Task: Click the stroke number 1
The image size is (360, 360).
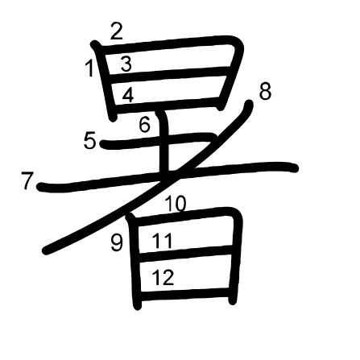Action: [90, 68]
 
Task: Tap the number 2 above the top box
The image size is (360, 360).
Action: [117, 31]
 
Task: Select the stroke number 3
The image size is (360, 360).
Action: [126, 64]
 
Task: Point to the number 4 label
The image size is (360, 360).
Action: [128, 95]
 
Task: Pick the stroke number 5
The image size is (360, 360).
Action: [89, 141]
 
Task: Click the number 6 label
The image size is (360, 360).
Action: [145, 125]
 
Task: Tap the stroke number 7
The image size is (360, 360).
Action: [27, 180]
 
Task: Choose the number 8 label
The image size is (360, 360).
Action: [265, 92]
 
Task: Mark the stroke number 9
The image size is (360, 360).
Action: [117, 242]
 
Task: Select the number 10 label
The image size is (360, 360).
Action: [176, 204]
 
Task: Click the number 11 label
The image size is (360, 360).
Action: [162, 240]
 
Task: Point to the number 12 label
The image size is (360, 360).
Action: [163, 277]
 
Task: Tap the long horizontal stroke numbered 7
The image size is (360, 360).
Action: [168, 176]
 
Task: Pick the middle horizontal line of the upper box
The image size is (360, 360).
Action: [169, 74]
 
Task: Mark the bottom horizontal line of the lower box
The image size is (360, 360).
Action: [185, 294]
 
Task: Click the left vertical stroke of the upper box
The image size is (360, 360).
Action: [106, 81]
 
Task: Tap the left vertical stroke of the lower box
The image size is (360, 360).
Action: [135, 262]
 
